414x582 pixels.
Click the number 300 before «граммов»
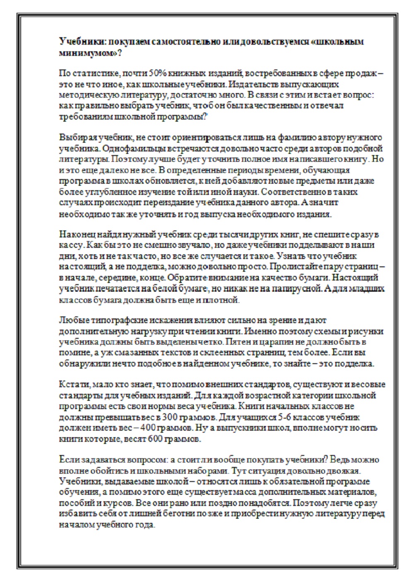(x=169, y=417)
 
